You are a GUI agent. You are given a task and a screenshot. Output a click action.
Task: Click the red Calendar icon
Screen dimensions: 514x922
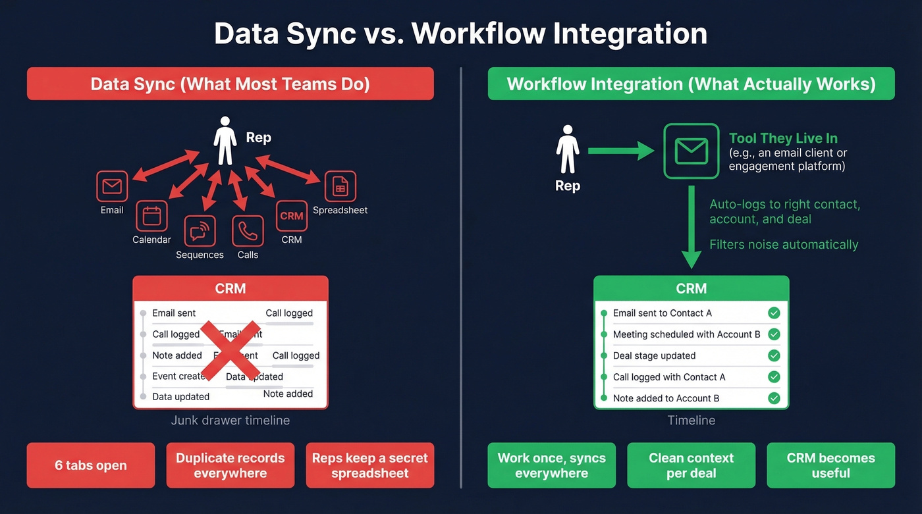pyautogui.click(x=151, y=216)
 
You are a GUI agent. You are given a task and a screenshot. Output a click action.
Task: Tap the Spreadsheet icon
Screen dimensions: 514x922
pyautogui.click(x=340, y=186)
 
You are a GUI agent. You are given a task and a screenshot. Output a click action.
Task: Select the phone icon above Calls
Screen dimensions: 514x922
pyautogui.click(x=248, y=231)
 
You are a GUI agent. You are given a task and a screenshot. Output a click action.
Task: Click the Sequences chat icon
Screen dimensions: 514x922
pyautogui.click(x=200, y=231)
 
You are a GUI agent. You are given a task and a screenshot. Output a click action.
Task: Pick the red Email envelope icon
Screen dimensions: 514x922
pyautogui.click(x=112, y=186)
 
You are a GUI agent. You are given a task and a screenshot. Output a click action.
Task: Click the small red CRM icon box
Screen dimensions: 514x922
pyautogui.click(x=292, y=216)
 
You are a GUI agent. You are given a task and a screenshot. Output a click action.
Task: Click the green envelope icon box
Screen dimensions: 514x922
pyautogui.click(x=691, y=151)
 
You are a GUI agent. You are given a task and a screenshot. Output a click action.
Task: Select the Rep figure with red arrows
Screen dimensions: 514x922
pyautogui.click(x=225, y=140)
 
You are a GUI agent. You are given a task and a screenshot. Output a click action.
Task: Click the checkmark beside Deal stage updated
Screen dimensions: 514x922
pyautogui.click(x=774, y=355)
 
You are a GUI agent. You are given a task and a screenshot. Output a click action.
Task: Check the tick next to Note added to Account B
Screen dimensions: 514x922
pyautogui.click(x=774, y=398)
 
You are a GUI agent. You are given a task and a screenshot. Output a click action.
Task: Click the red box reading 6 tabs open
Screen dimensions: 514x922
pyautogui.click(x=91, y=465)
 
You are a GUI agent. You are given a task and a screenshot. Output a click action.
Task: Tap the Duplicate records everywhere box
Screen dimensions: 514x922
pyautogui.click(x=230, y=465)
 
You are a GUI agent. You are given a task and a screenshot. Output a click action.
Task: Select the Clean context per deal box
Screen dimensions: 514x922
pyautogui.click(x=691, y=465)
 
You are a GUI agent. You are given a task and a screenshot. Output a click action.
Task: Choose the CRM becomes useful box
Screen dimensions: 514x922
pyautogui.click(x=830, y=465)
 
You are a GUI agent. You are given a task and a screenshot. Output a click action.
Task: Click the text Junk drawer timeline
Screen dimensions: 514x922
pyautogui.click(x=230, y=420)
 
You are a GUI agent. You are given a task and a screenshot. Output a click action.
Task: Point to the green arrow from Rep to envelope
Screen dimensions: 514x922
pyautogui.click(x=620, y=151)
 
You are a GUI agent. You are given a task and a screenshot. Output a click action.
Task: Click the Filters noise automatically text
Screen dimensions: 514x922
pyautogui.click(x=784, y=245)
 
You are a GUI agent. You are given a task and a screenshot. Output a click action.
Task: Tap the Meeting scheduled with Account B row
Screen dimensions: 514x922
pyautogui.click(x=686, y=334)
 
